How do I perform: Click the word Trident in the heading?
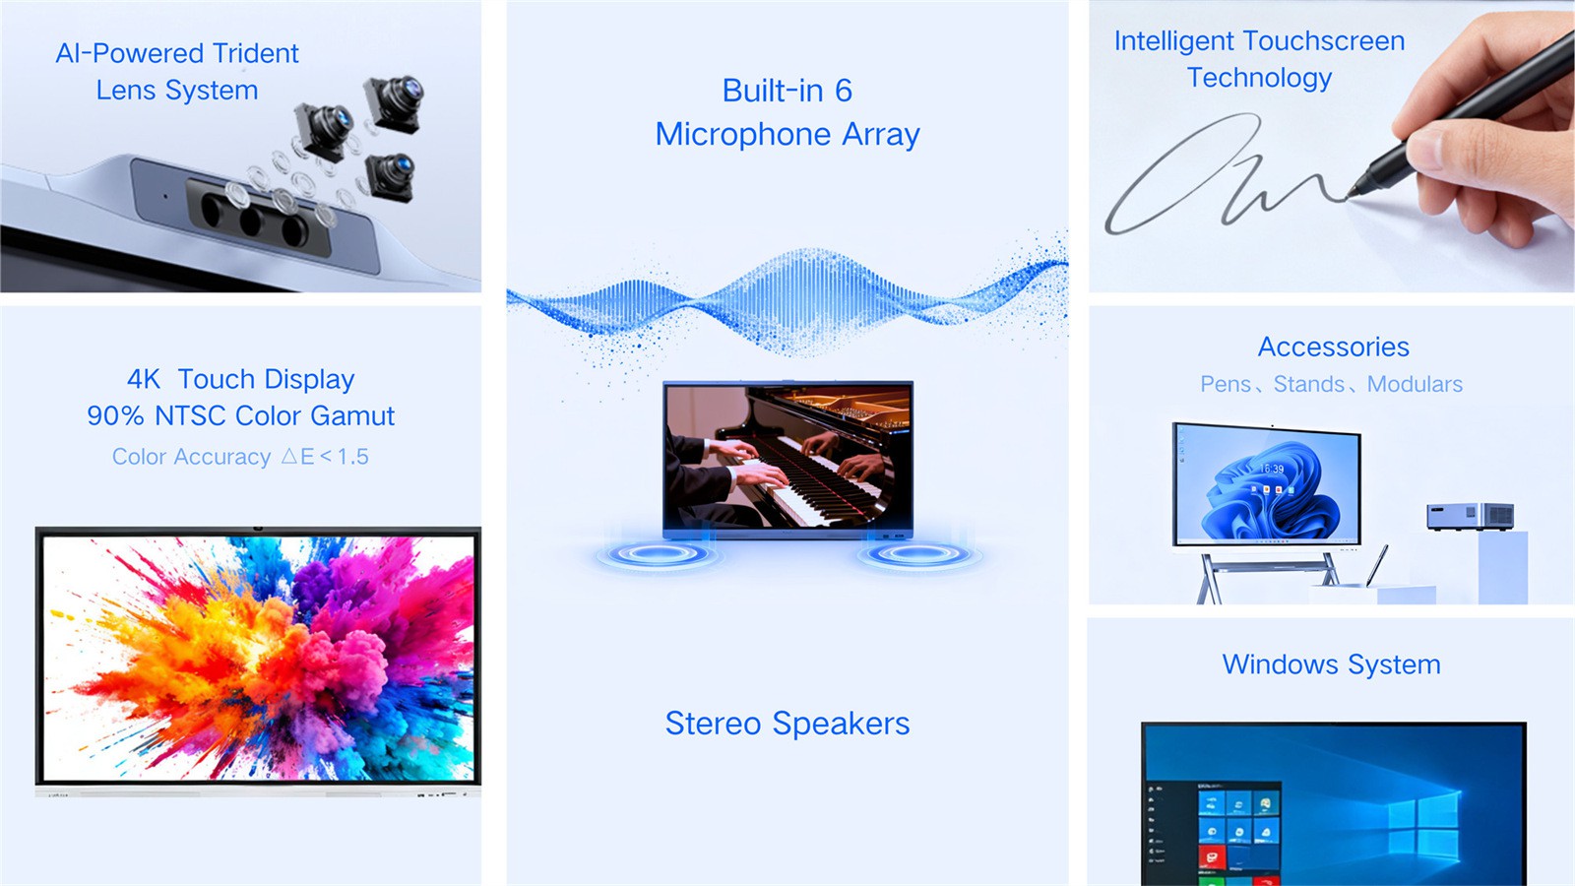[x=255, y=53]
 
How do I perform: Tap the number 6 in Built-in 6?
[x=843, y=91]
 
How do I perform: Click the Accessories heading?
[x=1333, y=347]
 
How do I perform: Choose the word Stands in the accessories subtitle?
[x=1308, y=384]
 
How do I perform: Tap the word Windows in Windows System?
[x=1280, y=664]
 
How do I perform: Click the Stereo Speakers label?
[x=787, y=724]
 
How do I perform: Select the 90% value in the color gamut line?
[x=115, y=415]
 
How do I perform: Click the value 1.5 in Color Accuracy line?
[x=353, y=457]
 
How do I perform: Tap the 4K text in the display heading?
[x=144, y=379]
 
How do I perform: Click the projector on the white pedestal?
[x=1471, y=516]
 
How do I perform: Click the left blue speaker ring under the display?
[x=658, y=554]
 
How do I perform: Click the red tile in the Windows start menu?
[x=1212, y=857]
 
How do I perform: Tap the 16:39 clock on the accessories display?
[x=1271, y=469]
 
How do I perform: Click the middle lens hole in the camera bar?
[x=251, y=221]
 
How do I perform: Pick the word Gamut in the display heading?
[x=352, y=415]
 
